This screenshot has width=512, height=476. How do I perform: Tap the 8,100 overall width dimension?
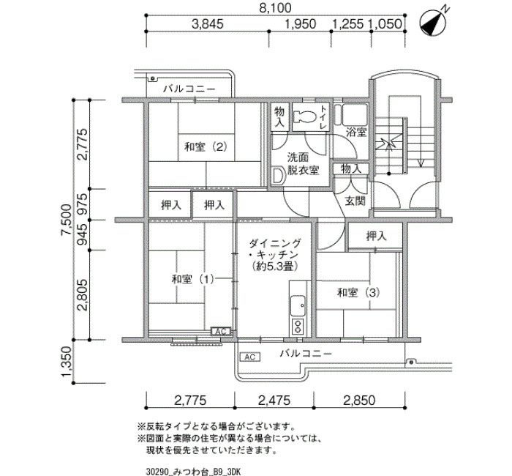pyautogui.click(x=275, y=8)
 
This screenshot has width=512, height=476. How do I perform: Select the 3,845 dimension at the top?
pyautogui.click(x=207, y=24)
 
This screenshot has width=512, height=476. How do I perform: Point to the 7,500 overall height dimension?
pyautogui.click(x=67, y=220)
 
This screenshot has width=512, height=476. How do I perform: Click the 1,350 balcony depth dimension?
pyautogui.click(x=67, y=362)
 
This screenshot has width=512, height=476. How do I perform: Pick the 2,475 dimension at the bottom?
pyautogui.click(x=274, y=400)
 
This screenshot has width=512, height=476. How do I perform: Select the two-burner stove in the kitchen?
pyautogui.click(x=298, y=327)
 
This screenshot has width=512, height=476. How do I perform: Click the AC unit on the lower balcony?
pyautogui.click(x=250, y=357)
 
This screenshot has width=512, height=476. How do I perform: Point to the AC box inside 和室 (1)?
pyautogui.click(x=221, y=331)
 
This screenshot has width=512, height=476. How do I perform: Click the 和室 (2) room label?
pyautogui.click(x=206, y=146)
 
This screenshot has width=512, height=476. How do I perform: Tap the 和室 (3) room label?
pyautogui.click(x=358, y=292)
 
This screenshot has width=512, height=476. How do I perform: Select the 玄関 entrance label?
pyautogui.click(x=355, y=201)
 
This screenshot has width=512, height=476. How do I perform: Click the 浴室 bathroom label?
pyautogui.click(x=356, y=133)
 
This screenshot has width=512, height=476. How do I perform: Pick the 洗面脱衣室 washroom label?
pyautogui.click(x=303, y=164)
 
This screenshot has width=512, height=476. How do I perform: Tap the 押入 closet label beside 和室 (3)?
pyautogui.click(x=376, y=236)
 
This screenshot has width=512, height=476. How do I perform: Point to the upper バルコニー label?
pyautogui.click(x=189, y=89)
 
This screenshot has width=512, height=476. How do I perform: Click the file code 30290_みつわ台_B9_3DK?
pyautogui.click(x=193, y=472)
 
